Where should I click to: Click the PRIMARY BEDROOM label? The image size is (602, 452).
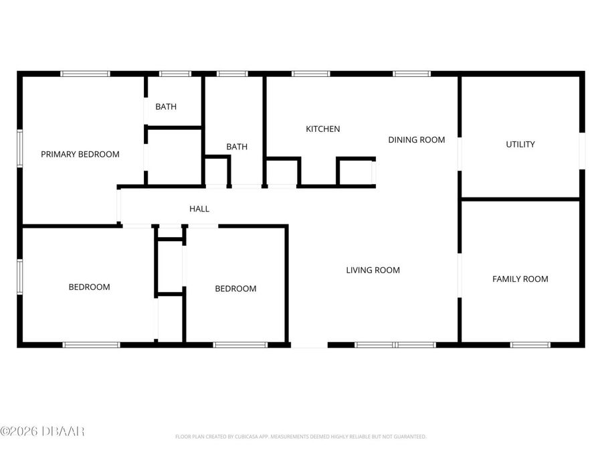80,154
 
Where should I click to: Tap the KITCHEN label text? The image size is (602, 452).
323,129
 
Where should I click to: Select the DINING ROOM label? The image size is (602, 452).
417,140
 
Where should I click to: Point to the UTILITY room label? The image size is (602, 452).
520,144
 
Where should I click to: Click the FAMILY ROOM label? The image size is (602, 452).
520,279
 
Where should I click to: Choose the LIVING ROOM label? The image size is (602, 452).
373,270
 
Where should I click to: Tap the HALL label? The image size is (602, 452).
199,209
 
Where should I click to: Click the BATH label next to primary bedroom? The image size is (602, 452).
166,106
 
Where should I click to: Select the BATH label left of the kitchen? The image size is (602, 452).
237,147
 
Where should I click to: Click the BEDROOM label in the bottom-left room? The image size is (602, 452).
89,287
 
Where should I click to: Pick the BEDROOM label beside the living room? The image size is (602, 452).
235,289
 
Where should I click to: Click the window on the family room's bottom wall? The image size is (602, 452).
530,344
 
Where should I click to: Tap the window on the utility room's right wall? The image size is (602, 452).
582,151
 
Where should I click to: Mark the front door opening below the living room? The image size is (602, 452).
309,345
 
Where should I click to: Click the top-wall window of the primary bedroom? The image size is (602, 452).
85,74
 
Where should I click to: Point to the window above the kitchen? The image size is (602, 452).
311,74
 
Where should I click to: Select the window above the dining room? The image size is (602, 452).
411,74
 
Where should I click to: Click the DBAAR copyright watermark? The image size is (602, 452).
42,431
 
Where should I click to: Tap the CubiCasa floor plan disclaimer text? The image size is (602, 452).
300,437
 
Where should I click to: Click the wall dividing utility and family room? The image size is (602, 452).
520,199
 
